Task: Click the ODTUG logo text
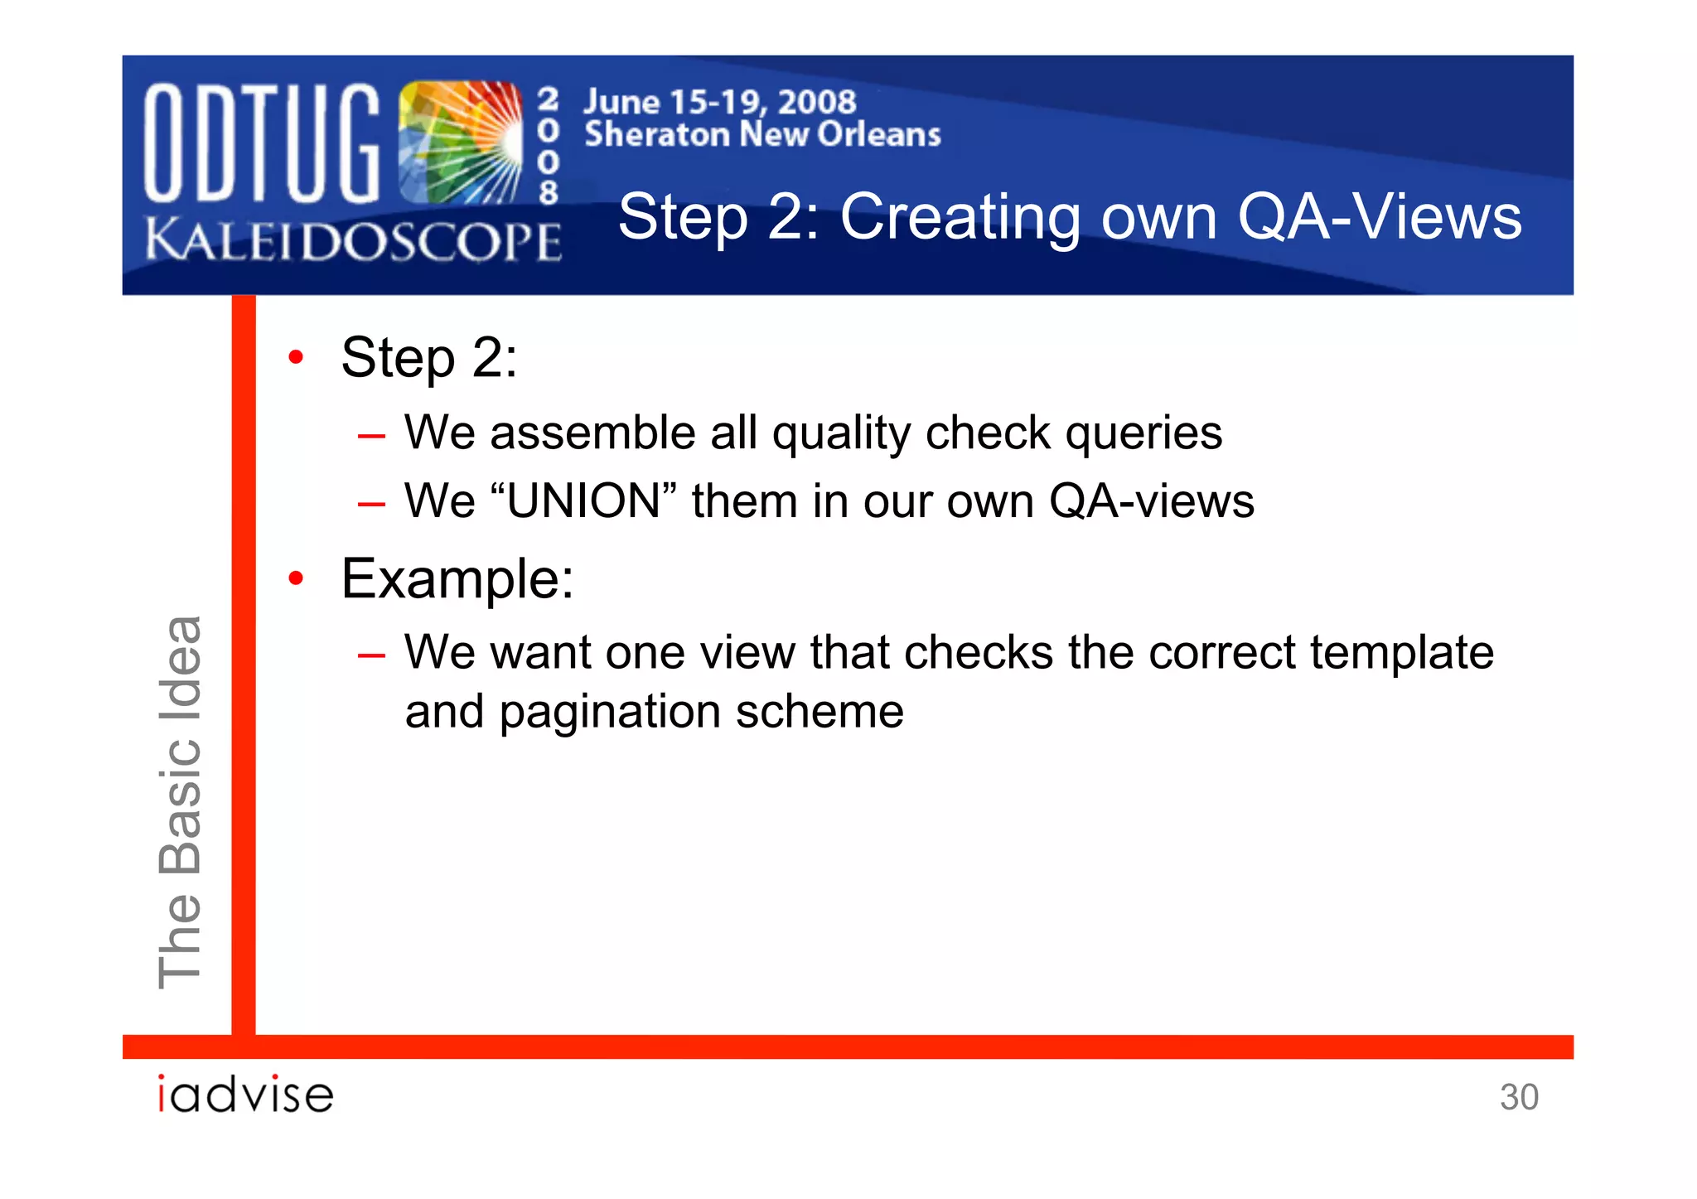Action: click(261, 143)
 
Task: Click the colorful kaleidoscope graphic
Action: click(461, 143)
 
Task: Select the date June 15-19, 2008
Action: click(719, 102)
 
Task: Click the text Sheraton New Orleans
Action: click(762, 134)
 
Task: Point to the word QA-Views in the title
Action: click(1379, 217)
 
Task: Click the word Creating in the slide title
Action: click(960, 217)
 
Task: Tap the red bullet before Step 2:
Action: click(296, 358)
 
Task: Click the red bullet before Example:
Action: click(296, 578)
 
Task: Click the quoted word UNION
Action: click(583, 501)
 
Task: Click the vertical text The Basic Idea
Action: click(180, 801)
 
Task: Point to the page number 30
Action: click(1518, 1097)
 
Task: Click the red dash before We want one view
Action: click(371, 655)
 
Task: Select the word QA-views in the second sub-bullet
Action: click(1151, 501)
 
